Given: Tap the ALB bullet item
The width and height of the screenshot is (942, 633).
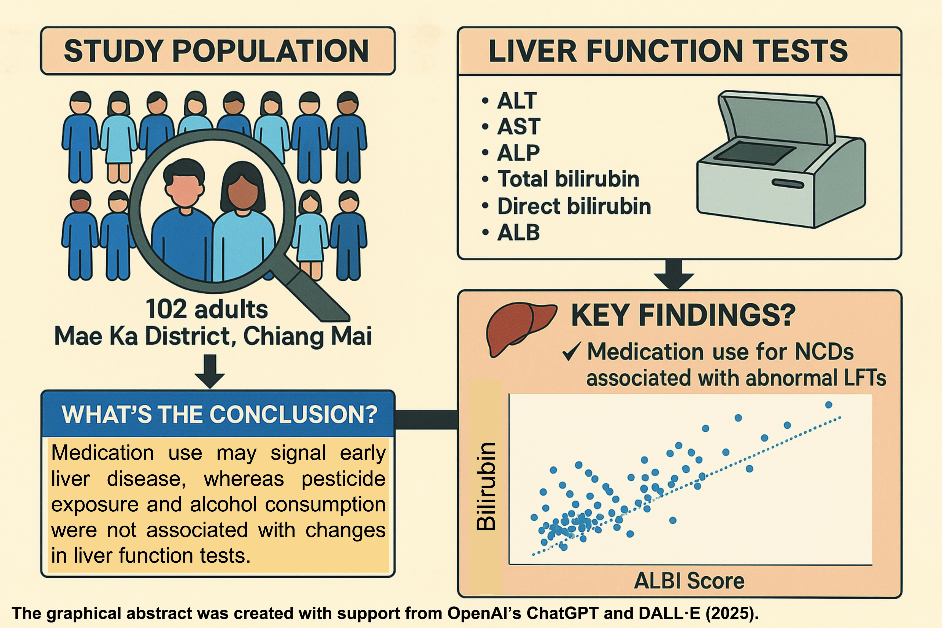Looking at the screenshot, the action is tap(511, 233).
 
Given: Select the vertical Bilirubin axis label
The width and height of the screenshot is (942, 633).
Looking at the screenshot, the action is tap(486, 486).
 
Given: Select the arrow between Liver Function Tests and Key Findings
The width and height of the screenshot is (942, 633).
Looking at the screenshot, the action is tap(673, 275).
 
